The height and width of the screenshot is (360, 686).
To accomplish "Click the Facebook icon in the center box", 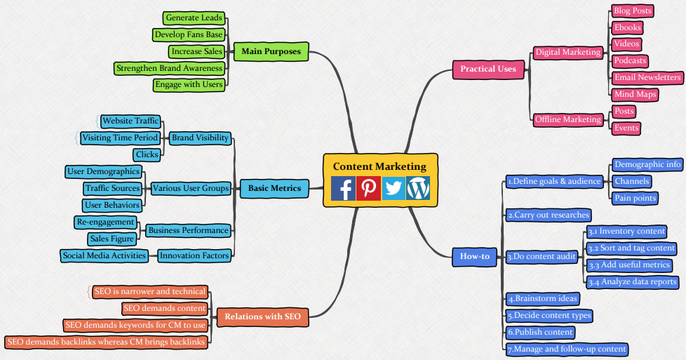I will [343, 189].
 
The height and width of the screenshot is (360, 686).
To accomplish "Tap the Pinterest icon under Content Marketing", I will [368, 189].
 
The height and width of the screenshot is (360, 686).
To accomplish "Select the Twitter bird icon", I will [394, 189].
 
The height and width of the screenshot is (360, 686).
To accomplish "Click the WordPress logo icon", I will [418, 189].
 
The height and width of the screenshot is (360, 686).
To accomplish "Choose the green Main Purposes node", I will [271, 51].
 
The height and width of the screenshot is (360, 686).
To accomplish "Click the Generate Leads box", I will [194, 18].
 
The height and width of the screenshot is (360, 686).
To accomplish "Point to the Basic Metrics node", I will [274, 188].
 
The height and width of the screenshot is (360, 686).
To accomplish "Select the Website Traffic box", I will [130, 121].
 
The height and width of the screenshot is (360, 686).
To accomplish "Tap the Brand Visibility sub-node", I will [200, 138].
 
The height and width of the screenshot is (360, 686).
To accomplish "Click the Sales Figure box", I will [112, 239].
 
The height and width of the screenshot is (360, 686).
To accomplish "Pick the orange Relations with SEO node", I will [263, 316].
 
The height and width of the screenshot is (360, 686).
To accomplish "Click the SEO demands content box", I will [165, 308].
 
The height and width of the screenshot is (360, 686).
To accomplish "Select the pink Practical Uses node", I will [488, 69].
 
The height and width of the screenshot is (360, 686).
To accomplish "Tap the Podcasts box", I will [629, 61].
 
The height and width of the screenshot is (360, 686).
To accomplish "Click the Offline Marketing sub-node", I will [567, 119].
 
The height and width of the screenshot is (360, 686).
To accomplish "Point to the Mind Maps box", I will [634, 95].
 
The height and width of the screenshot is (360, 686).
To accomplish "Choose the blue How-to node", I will [475, 256].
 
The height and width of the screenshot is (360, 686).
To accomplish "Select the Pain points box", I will [635, 199].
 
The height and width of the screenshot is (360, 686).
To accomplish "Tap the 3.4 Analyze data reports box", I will [633, 282].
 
